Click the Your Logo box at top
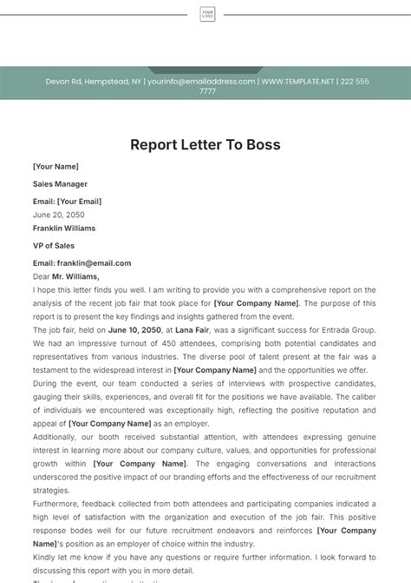[207, 14]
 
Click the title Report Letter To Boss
[205, 145]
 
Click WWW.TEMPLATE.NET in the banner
[298, 82]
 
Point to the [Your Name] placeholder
[55, 167]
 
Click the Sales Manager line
[60, 184]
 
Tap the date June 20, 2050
[59, 214]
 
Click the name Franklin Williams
[64, 229]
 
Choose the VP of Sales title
[54, 246]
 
